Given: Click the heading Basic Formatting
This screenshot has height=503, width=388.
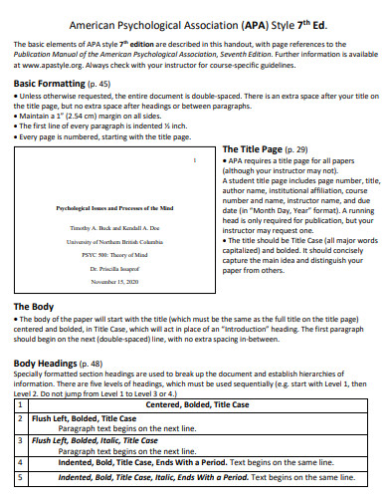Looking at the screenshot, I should coord(49,86).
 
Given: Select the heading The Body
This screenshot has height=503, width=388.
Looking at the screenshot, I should coord(35,278).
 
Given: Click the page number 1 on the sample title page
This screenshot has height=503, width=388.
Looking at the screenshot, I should coord(195,161).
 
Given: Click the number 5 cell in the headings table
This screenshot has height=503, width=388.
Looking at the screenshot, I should coord(21,477).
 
